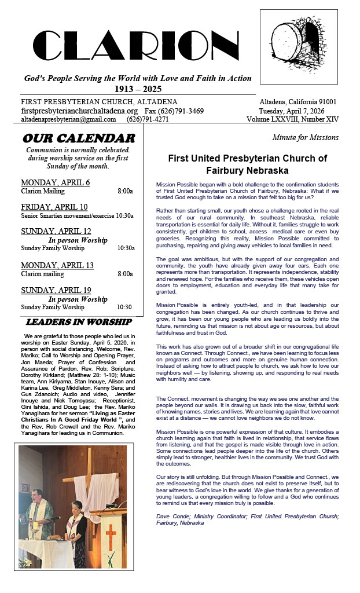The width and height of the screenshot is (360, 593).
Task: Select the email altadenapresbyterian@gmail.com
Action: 68,119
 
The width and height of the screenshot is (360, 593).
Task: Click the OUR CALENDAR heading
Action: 79,138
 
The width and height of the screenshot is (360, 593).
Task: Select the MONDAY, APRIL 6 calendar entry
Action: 55,182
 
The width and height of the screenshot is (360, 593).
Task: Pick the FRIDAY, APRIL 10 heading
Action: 54,207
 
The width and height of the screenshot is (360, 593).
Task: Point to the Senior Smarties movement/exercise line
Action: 77,215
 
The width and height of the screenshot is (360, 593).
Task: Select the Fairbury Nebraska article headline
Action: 247,164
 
